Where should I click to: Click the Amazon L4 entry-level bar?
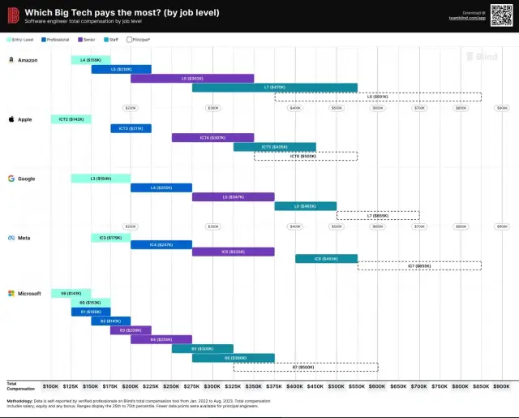91,60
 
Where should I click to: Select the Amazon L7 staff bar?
275,87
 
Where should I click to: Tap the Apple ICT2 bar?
71,119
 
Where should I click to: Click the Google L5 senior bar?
234,196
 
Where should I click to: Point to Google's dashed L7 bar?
378,215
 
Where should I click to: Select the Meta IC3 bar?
111,238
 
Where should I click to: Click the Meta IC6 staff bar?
326,259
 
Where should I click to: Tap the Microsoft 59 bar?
71,293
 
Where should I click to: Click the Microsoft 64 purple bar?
161,339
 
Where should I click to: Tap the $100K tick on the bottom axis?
50,386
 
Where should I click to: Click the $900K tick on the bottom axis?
500,386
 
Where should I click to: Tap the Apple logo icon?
11,119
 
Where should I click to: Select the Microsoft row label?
29,293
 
